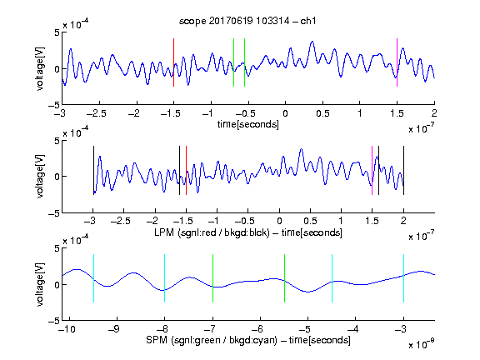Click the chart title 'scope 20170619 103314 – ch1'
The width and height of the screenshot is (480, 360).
coord(247,21)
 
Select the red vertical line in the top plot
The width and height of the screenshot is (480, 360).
coord(173,62)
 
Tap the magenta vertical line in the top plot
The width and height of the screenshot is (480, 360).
coord(397,62)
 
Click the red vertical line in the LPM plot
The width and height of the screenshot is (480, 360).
coord(186,171)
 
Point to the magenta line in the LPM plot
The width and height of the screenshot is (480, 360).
coord(372,171)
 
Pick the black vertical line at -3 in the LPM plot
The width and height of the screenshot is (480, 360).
coord(93,171)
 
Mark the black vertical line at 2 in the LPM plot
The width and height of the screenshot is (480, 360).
coord(403,171)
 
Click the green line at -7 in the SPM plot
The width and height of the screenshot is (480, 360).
coord(212,278)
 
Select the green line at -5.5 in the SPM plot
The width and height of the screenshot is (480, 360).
coord(284,278)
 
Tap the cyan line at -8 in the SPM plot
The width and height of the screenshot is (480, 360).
coord(165,278)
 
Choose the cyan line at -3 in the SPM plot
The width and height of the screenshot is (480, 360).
coord(403,278)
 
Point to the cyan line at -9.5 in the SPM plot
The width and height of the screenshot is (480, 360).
coord(93,278)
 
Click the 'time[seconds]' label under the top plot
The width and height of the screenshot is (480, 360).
coord(248,124)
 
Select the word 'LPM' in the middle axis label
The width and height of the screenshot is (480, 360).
coord(164,232)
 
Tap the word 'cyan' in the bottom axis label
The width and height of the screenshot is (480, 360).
coord(267,340)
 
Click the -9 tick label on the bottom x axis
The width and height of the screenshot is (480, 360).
coord(113,329)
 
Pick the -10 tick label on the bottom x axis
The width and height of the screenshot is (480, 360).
coord(67,329)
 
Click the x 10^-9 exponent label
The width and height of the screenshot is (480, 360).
coord(422,344)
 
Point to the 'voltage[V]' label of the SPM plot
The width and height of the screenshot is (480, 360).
coord(40,284)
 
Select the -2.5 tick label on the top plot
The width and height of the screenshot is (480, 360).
coord(97,113)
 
